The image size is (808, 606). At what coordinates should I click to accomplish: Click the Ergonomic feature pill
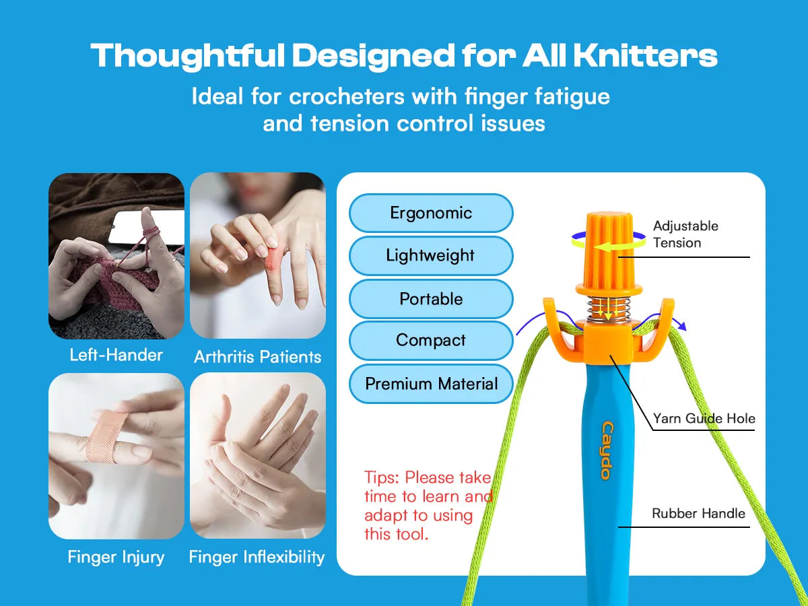click(431, 213)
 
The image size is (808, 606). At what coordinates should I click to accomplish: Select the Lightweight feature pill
click(431, 256)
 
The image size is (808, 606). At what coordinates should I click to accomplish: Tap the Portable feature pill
click(431, 299)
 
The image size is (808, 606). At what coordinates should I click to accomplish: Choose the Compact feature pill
click(431, 340)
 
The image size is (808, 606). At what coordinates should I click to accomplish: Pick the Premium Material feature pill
click(431, 384)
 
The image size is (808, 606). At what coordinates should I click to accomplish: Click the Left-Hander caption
click(116, 355)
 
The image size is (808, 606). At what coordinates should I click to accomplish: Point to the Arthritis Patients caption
click(257, 357)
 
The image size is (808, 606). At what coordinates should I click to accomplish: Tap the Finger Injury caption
click(116, 557)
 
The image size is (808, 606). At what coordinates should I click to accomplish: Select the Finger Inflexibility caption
click(257, 557)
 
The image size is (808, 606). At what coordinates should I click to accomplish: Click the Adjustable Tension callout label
click(685, 234)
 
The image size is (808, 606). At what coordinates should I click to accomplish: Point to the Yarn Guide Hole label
click(704, 418)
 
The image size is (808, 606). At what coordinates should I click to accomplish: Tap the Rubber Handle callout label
click(698, 513)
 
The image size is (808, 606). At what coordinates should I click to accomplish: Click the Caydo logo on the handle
click(607, 450)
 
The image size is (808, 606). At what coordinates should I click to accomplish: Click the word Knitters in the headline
click(646, 56)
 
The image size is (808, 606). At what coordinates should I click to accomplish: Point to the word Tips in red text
click(382, 477)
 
